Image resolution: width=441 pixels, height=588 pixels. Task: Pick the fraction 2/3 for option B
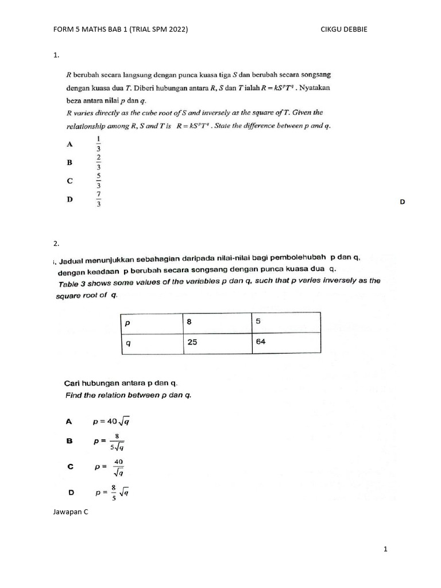[x=99, y=162]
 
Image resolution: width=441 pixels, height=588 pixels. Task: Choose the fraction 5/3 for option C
[x=99, y=181]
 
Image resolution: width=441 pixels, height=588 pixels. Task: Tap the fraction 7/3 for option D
[x=99, y=200]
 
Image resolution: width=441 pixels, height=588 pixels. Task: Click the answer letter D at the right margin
[x=402, y=202]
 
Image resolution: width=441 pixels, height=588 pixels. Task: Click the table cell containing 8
[x=216, y=323]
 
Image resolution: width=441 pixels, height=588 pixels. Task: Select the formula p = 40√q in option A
[x=111, y=421]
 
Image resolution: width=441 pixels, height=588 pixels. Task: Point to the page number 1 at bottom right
[x=386, y=550]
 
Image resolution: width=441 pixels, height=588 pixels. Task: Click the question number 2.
[x=56, y=243]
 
